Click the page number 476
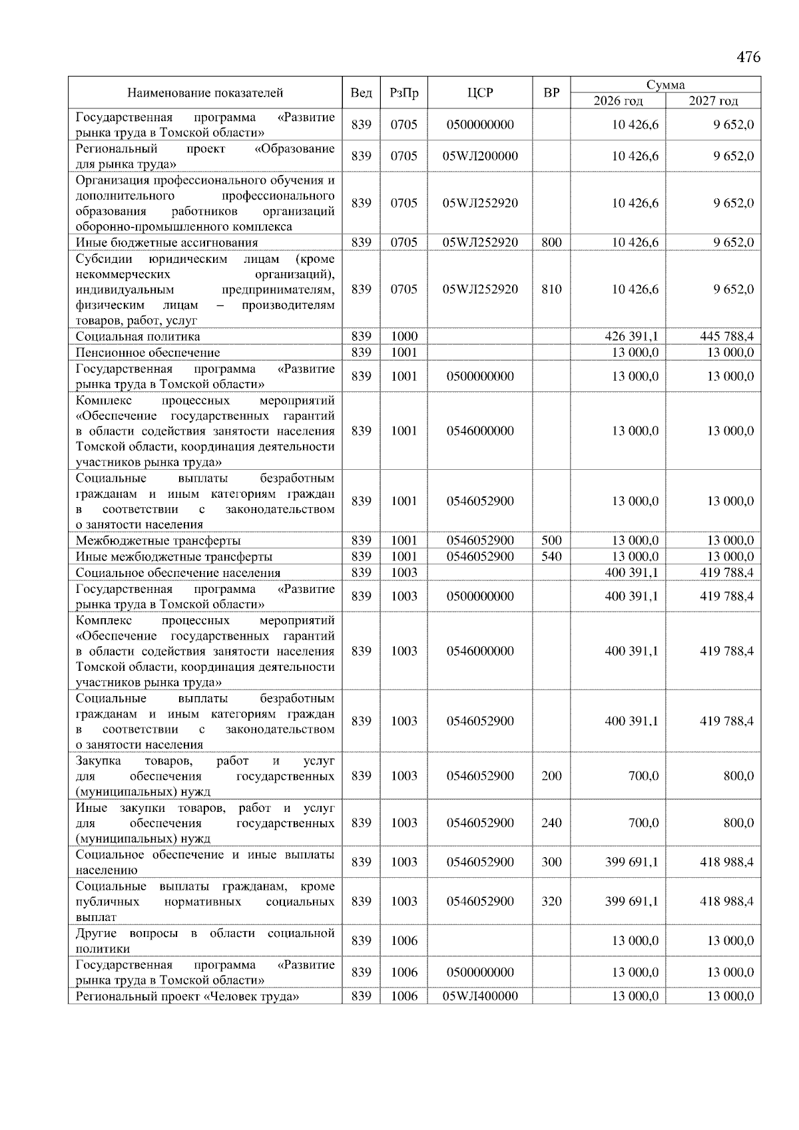(748, 57)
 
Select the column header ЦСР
(480, 93)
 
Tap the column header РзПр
(403, 93)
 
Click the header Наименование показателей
(205, 93)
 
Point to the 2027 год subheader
(713, 100)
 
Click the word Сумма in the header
(665, 85)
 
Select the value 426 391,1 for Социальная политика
(631, 337)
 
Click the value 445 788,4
(726, 337)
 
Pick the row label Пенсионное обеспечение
(148, 353)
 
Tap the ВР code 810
(551, 289)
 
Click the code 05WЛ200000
(480, 156)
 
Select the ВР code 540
(551, 556)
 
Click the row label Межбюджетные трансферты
(158, 541)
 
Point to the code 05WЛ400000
(480, 996)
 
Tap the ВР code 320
(551, 902)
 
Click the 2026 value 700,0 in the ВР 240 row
(643, 823)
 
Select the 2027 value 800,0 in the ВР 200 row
(738, 776)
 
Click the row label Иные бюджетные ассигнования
(166, 243)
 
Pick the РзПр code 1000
(403, 337)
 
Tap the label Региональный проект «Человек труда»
(187, 996)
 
